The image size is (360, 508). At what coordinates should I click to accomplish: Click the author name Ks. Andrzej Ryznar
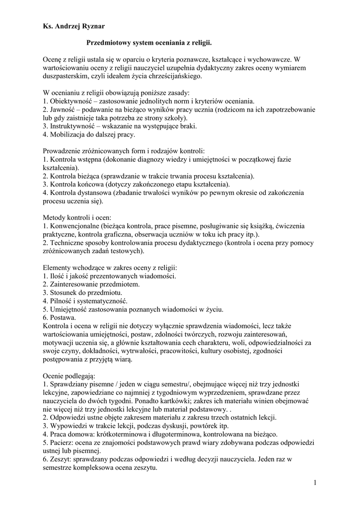tap(73, 26)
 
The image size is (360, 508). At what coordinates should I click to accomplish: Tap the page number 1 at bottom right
tap(315, 482)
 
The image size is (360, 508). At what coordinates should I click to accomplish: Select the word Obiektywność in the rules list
tap(71, 101)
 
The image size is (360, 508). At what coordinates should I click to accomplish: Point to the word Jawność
tap(66, 110)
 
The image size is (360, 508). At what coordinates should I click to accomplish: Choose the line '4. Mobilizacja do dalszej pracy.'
tap(89, 134)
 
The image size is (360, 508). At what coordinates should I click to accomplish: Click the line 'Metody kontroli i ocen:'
tap(77, 217)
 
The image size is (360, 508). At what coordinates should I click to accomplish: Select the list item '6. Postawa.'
tap(60, 317)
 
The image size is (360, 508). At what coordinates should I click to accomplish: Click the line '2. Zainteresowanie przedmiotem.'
tap(91, 284)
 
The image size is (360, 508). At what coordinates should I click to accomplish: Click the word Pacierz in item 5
tap(63, 443)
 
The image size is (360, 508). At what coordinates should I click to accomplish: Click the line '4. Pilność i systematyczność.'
tap(85, 301)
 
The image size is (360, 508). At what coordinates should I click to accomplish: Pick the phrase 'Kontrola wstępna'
tap(75, 159)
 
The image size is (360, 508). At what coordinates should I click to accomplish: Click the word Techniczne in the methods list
tap(69, 243)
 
